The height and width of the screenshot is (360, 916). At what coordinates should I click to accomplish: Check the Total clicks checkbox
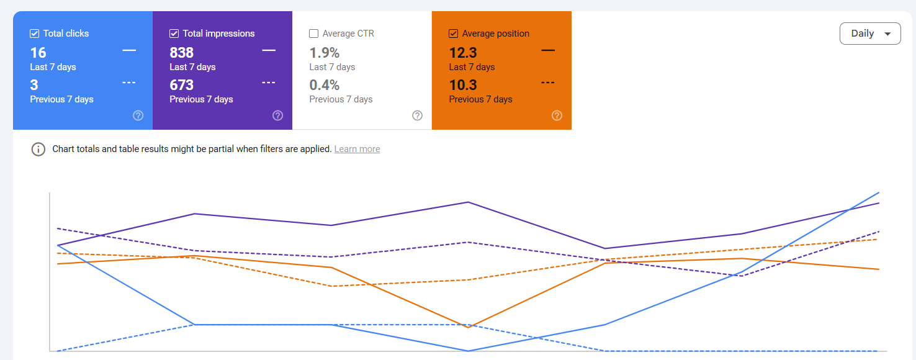35,34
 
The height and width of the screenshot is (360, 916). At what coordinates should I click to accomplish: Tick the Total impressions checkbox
174,34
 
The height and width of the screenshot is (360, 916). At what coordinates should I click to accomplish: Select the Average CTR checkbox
314,34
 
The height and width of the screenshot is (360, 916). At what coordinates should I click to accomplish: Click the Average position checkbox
454,34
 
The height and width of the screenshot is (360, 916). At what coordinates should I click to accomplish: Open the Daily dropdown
869,34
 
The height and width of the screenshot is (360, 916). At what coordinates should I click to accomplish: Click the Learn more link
357,149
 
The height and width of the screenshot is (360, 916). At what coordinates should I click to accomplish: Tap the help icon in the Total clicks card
138,115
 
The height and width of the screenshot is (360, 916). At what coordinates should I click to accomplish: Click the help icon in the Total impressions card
278,115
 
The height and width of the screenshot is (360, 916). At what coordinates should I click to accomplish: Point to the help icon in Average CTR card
418,115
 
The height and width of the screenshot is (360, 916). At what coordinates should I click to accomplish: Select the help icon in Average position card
557,115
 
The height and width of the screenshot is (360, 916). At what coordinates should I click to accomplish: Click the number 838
182,53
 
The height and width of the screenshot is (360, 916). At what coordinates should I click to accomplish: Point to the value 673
182,85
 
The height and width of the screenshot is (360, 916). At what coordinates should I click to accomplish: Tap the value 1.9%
325,53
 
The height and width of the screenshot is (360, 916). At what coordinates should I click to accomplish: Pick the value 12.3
463,53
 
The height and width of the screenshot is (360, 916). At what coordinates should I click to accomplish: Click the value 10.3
463,85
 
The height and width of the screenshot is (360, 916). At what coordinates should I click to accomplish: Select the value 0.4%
325,85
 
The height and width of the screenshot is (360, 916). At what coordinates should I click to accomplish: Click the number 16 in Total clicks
38,53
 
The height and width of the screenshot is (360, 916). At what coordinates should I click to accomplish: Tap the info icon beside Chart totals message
38,149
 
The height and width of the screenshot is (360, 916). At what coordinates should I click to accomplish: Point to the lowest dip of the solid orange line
469,327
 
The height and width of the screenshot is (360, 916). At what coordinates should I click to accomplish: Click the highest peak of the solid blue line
879,192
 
